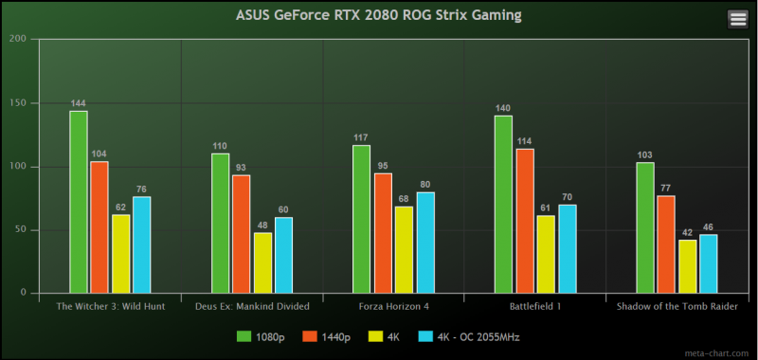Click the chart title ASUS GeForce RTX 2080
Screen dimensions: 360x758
378,16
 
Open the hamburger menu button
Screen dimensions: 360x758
738,20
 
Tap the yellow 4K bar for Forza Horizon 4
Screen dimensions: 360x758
405,250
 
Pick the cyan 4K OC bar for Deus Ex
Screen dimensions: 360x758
283,255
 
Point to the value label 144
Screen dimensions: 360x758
79,102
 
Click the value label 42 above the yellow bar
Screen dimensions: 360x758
688,232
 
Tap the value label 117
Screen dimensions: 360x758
361,137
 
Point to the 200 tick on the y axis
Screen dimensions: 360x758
18,39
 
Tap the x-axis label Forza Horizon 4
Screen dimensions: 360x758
393,306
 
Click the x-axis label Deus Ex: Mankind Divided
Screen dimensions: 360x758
252,306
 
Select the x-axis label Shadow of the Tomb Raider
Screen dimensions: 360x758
676,306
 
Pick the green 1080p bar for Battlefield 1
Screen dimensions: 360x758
503,205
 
